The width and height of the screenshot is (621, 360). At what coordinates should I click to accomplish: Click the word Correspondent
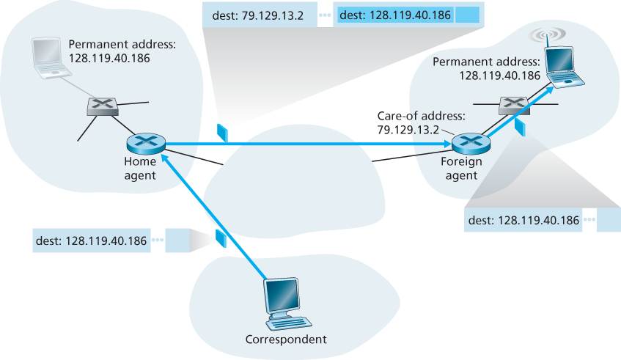285,339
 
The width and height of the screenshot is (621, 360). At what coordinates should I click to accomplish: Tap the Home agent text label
140,169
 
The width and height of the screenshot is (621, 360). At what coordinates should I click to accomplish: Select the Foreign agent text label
460,169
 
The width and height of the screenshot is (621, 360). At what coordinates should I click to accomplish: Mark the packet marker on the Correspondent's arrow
219,238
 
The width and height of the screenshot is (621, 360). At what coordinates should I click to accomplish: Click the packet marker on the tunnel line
223,132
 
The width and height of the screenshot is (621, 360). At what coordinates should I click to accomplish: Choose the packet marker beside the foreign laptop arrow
521,126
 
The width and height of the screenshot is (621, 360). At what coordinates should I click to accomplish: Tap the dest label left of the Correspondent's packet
92,240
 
